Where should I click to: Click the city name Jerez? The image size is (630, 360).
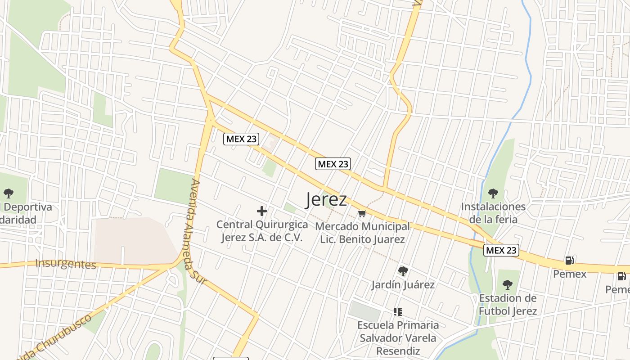click(326, 199)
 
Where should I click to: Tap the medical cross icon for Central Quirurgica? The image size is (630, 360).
click(261, 211)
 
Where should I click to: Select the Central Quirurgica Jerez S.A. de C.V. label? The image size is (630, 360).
click(262, 231)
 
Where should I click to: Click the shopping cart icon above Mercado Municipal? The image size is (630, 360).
click(362, 213)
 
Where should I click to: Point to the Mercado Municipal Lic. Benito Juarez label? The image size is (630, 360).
click(362, 233)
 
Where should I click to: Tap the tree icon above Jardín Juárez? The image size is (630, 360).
click(403, 271)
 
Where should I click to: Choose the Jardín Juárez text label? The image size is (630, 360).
click(403, 285)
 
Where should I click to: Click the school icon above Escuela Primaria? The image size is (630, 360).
click(397, 311)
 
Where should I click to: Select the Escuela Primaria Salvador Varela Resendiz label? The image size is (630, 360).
click(398, 337)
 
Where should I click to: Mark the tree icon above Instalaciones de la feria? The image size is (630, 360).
click(493, 193)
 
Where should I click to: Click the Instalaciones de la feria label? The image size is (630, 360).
click(493, 213)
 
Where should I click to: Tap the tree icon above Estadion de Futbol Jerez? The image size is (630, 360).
click(507, 285)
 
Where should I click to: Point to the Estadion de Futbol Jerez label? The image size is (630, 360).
click(508, 305)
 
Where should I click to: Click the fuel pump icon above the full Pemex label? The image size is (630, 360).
click(569, 261)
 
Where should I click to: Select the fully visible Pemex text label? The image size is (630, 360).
click(570, 274)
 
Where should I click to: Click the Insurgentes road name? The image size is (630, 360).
click(66, 264)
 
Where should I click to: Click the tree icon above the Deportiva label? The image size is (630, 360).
click(8, 193)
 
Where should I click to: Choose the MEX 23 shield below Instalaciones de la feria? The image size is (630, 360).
click(501, 250)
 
